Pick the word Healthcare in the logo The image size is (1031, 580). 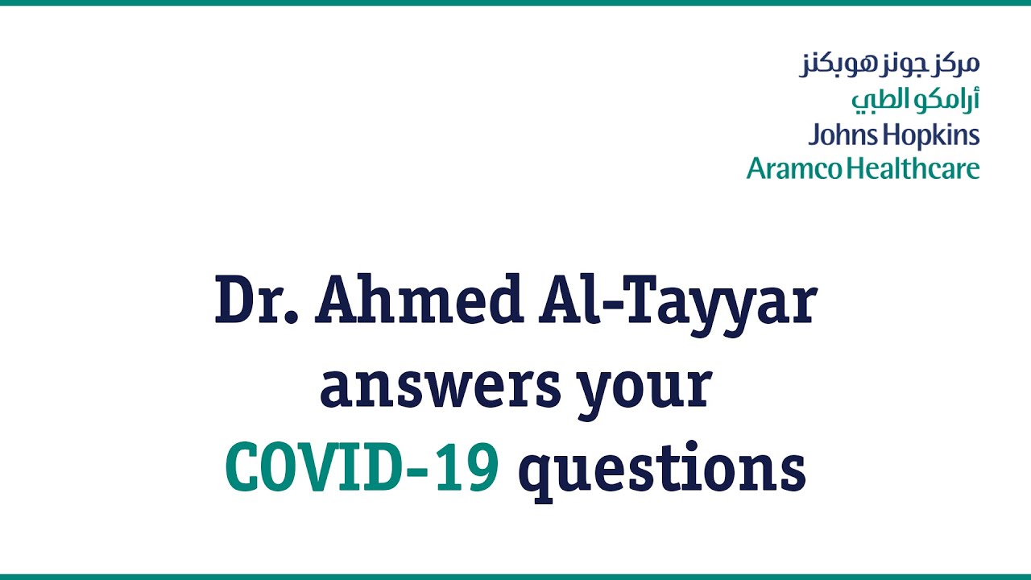pos(914,168)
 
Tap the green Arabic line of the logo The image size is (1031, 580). pos(915,99)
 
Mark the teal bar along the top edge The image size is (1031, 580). pos(515,2)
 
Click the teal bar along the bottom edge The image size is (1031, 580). pos(515,577)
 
